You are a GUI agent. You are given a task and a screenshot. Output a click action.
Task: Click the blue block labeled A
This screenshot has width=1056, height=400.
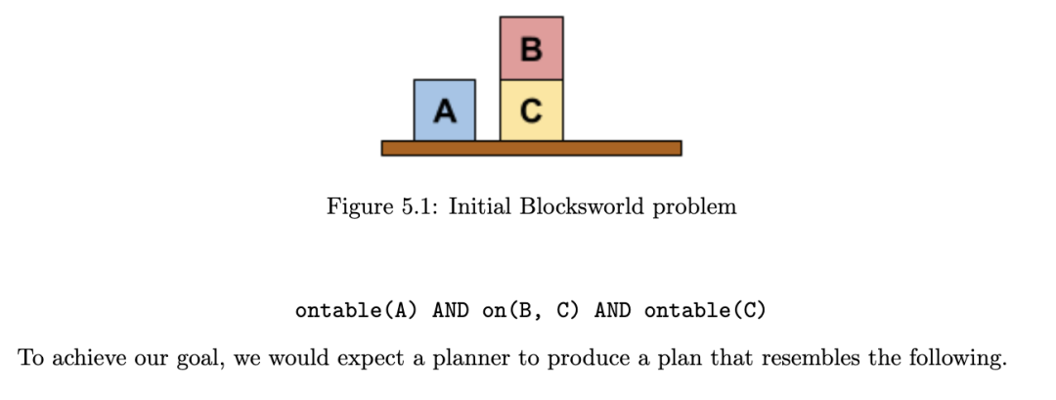445,111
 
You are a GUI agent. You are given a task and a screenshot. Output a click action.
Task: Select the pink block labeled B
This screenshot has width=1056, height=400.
531,49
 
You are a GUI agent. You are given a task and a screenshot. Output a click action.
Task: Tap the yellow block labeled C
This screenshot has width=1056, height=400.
531,111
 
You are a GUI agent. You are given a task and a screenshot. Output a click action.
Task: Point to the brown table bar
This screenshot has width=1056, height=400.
531,148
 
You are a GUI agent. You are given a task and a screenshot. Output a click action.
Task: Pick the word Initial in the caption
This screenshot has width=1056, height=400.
480,207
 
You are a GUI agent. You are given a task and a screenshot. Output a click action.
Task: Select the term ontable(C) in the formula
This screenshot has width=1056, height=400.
705,311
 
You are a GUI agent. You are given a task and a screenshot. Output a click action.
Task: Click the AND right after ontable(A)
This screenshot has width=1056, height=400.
450,311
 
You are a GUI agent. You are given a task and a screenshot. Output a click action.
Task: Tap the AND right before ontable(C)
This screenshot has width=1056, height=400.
612,311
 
